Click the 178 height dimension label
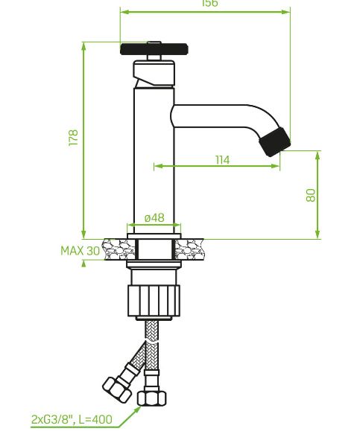click(x=73, y=138)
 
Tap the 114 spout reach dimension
click(x=222, y=159)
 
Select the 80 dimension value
click(x=311, y=194)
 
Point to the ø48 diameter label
click(x=154, y=217)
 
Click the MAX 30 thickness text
click(x=80, y=251)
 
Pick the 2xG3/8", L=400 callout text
click(x=72, y=419)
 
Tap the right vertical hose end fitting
click(x=154, y=395)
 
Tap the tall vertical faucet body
click(x=154, y=164)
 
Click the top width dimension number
click(x=210, y=4)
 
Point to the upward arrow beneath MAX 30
click(x=83, y=265)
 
